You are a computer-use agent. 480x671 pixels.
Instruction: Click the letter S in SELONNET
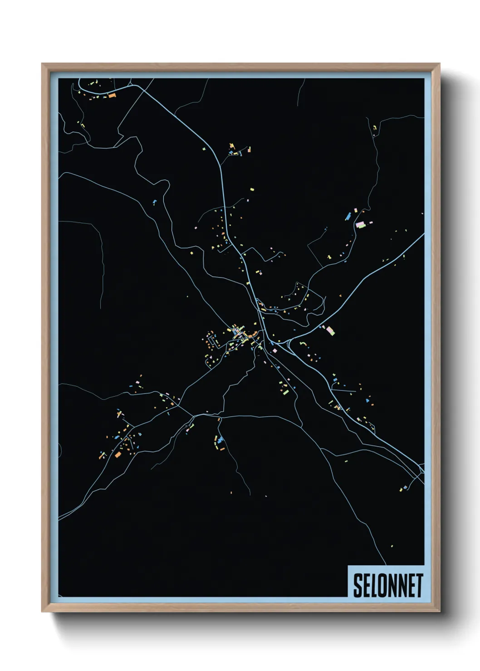coord(358,585)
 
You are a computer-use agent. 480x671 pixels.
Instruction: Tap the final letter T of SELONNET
coord(420,585)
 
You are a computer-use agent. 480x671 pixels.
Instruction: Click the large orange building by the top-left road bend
coord(112,96)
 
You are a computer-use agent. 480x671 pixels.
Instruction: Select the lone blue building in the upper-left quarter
coord(155,201)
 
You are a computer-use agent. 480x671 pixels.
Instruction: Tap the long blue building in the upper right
coord(348,216)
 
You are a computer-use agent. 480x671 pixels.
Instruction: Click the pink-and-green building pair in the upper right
coord(361,224)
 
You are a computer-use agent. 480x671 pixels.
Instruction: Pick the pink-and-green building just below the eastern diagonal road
coord(330,330)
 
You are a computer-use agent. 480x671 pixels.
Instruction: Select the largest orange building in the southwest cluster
coord(118,454)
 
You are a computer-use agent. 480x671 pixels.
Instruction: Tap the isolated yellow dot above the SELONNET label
coord(392,546)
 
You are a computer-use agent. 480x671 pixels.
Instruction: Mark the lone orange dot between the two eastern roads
coord(341,296)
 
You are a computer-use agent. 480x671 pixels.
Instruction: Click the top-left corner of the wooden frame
coord(42,64)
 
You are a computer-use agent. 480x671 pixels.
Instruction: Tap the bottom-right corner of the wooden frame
coord(440,612)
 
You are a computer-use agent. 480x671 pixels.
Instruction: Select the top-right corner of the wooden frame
coord(440,64)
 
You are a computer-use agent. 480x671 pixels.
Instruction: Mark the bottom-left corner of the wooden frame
coord(42,612)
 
